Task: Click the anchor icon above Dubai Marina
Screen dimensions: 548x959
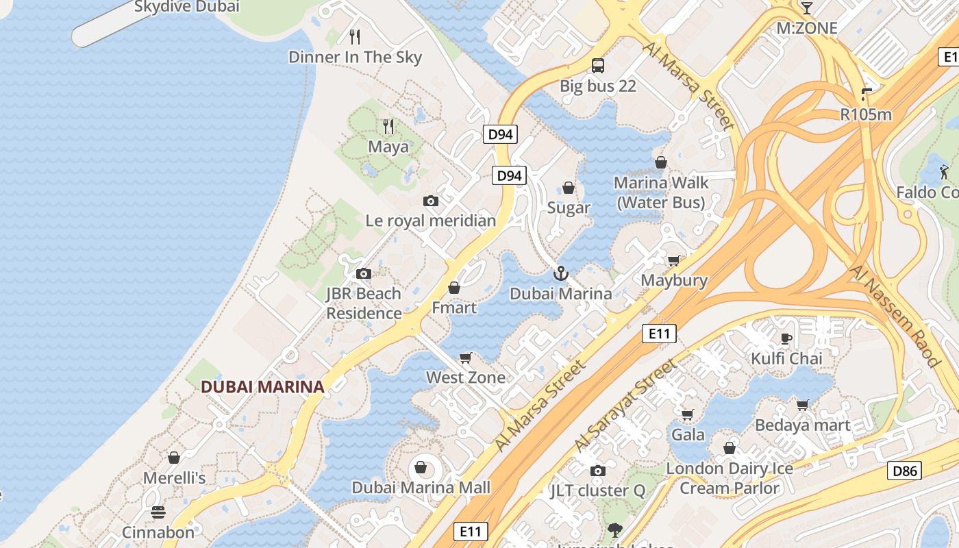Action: (561, 273)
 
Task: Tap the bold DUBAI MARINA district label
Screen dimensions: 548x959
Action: (262, 386)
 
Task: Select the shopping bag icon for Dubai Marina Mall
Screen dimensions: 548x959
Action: (421, 468)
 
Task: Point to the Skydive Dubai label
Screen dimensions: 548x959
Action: (186, 7)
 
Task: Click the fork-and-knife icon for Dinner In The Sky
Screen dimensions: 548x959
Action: (355, 37)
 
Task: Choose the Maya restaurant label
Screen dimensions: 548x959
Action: (388, 147)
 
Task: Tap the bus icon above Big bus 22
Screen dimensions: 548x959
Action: (598, 66)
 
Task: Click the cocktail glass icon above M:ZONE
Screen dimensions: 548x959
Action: (806, 8)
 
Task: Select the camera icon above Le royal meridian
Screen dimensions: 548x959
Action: (431, 201)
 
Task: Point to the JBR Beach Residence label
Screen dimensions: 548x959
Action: (364, 303)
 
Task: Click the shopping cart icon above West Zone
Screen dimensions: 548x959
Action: (466, 358)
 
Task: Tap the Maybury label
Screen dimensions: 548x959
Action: (674, 280)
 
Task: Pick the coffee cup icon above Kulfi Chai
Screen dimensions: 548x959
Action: (786, 338)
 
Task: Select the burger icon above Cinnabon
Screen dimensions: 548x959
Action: (158, 512)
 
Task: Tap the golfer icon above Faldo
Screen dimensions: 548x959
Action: (945, 171)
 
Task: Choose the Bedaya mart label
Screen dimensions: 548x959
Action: (802, 425)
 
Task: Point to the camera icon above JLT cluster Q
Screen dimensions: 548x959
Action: (598, 471)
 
